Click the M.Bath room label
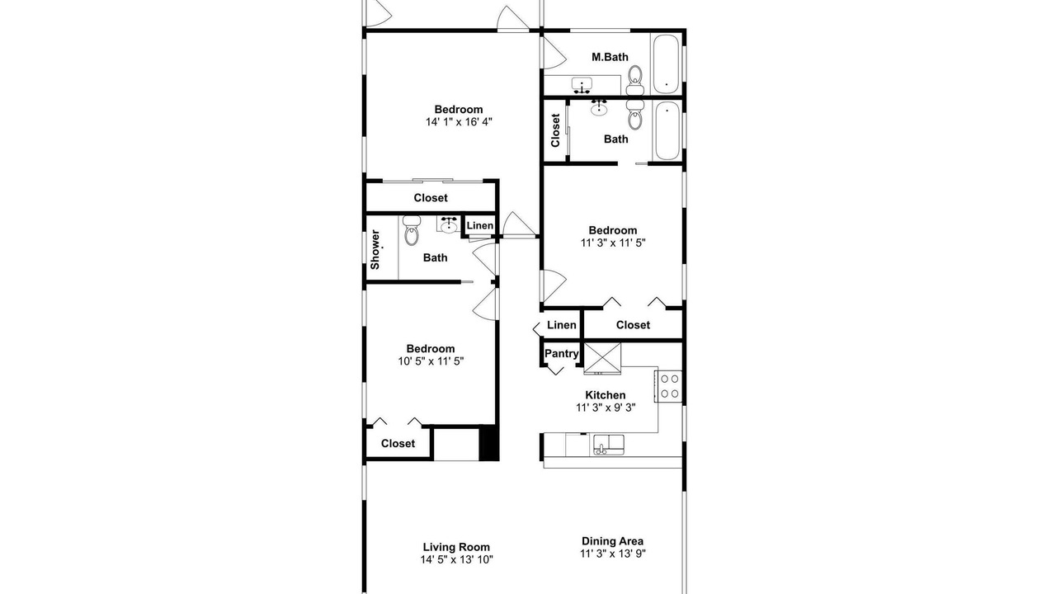click(610, 57)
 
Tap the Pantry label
click(562, 354)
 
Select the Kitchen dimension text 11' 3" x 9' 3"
click(606, 408)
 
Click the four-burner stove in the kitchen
click(668, 387)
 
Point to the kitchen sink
click(609, 445)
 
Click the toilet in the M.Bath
click(635, 80)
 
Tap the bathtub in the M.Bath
click(666, 64)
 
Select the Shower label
click(375, 249)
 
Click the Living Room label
click(456, 547)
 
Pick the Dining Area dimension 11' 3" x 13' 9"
click(613, 554)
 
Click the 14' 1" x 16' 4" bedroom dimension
click(459, 121)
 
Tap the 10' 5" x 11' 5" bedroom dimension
click(431, 361)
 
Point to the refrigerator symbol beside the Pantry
click(602, 359)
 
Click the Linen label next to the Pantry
click(562, 325)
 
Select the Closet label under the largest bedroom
click(431, 198)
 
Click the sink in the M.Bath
click(582, 86)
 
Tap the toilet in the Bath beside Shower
click(412, 230)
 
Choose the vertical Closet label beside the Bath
click(555, 130)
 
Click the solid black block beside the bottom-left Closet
click(489, 443)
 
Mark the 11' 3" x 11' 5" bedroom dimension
click(613, 243)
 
